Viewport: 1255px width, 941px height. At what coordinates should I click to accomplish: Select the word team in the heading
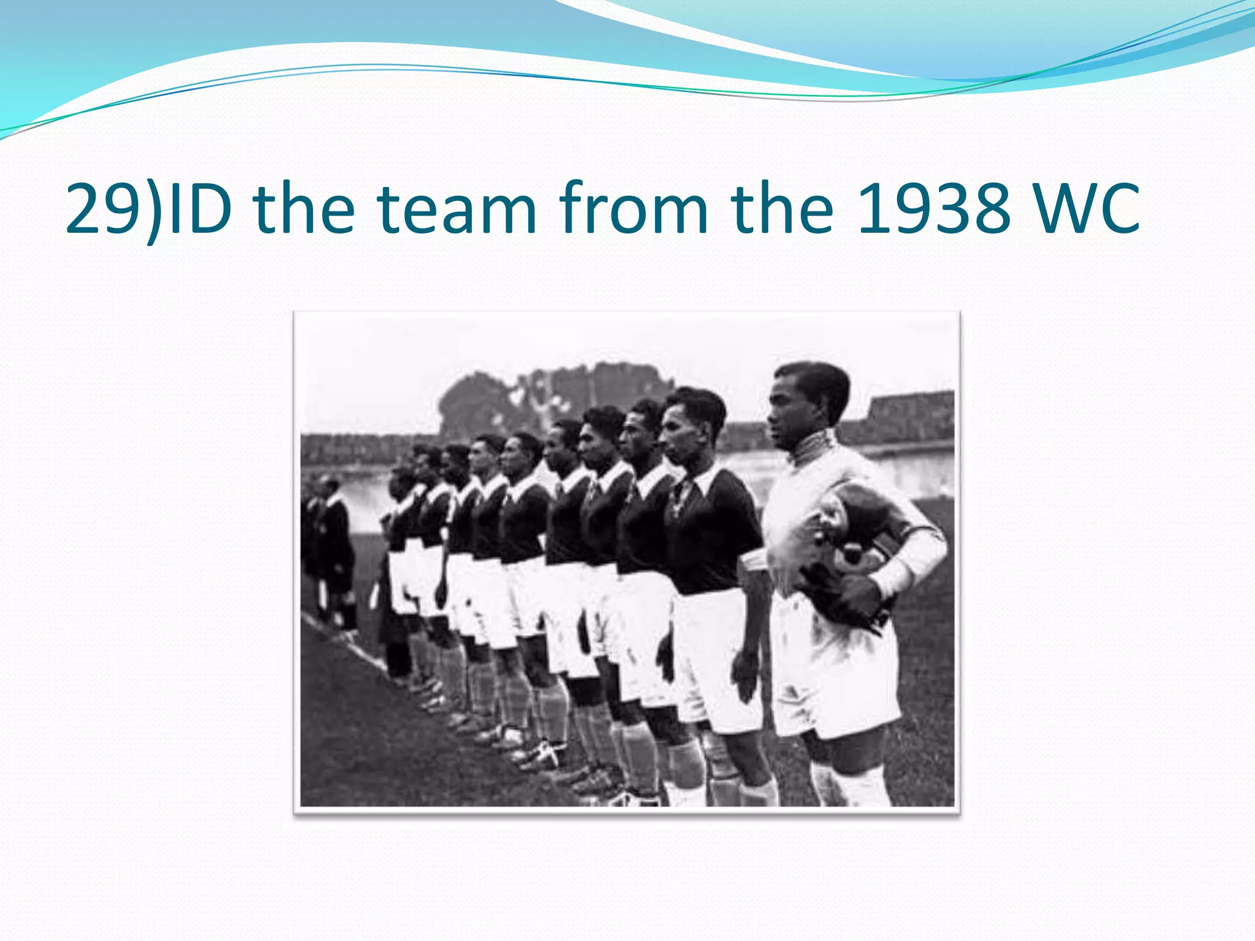coord(457,209)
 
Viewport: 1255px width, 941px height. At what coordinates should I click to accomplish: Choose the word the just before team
coord(304,209)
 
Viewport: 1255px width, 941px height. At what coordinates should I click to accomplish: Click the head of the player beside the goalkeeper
coord(694,423)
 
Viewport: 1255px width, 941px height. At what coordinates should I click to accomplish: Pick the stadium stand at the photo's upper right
coord(907,417)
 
